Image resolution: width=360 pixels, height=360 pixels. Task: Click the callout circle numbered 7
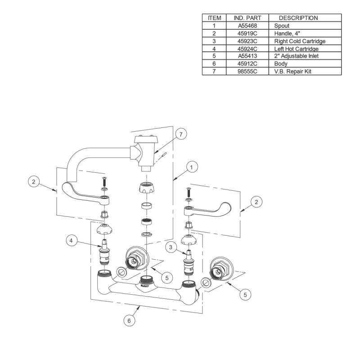[x=181, y=134]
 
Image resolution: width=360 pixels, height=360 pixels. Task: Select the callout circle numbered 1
[x=192, y=167]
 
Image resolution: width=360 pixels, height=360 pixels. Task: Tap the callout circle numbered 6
[x=129, y=320]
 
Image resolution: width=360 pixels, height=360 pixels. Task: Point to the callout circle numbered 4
[x=72, y=241]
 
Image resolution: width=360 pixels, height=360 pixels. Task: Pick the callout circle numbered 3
[x=171, y=247]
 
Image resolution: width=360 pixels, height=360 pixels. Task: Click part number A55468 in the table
[x=247, y=26]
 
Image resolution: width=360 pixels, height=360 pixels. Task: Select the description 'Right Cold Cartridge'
[x=300, y=41]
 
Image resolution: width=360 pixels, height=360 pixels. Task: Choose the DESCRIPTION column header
[x=298, y=18]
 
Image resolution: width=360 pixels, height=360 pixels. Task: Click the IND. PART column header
[x=247, y=18]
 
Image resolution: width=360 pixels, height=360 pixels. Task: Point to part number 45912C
[x=247, y=63]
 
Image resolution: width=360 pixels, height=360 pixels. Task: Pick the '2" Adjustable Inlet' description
[x=297, y=56]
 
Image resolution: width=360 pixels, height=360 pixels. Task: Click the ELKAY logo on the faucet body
[x=144, y=286]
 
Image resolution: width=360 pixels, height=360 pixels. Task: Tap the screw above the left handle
[x=104, y=182]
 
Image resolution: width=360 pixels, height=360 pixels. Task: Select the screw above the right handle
[x=189, y=192]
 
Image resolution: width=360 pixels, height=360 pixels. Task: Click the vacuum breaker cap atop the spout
[x=145, y=139]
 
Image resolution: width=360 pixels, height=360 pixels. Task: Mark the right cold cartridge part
[x=189, y=262]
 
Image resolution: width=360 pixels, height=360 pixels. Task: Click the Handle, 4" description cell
[x=287, y=33]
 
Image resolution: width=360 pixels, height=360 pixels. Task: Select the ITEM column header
[x=214, y=18]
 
